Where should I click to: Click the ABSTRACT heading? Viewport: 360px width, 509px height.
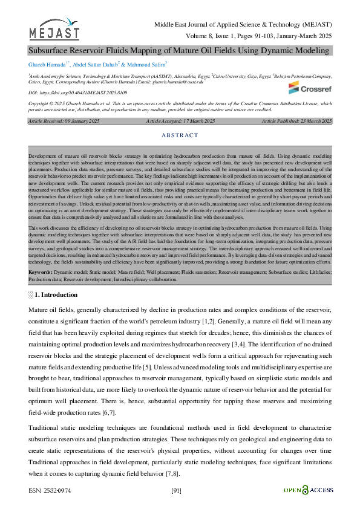tap(180, 135)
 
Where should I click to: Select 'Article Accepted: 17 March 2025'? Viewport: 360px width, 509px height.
tap(180, 122)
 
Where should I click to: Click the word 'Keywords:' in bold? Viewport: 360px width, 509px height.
tap(41, 273)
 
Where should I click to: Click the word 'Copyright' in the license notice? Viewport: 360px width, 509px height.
tap(41, 104)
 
